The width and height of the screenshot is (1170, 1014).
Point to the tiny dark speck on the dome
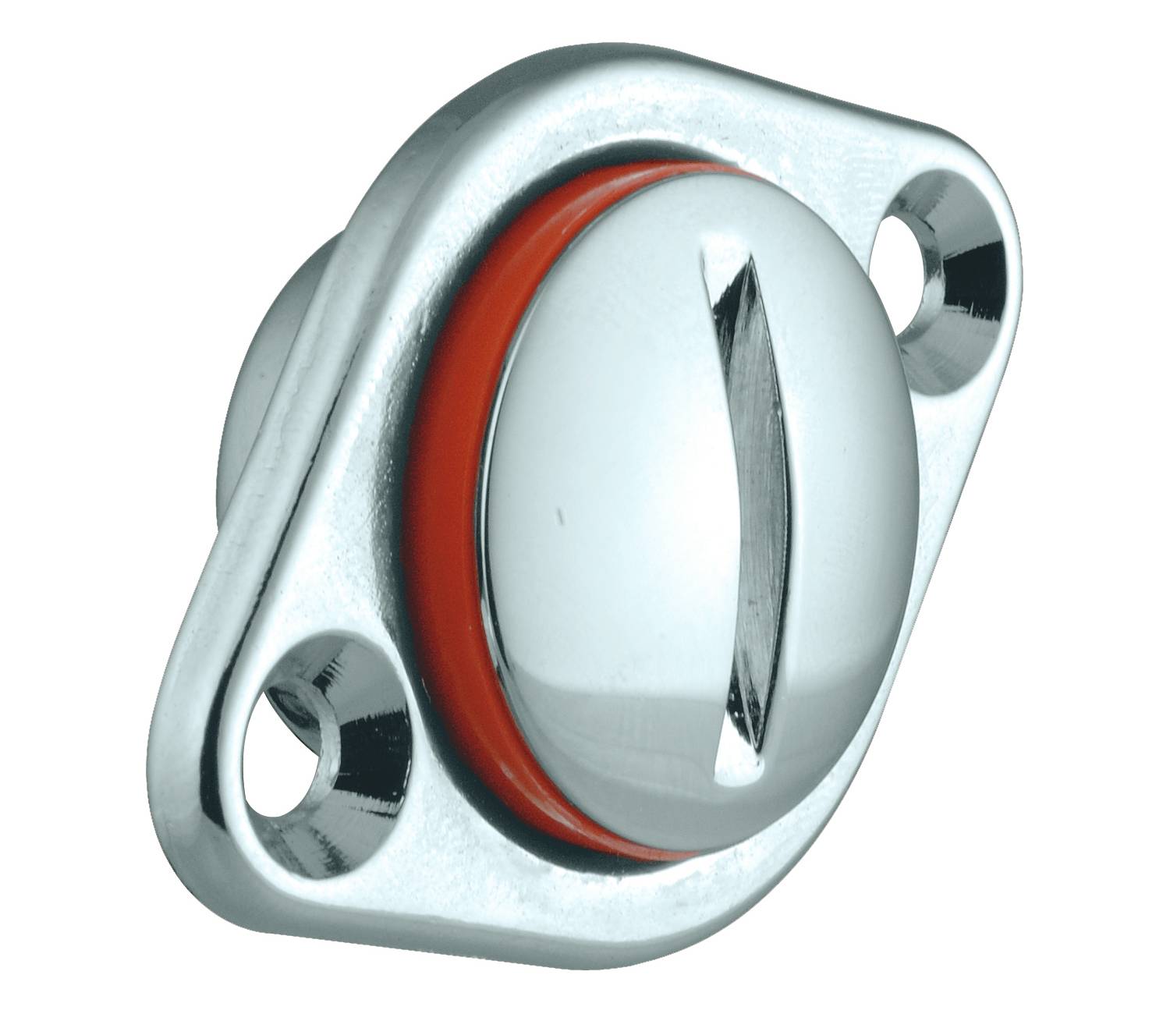pos(558,516)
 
